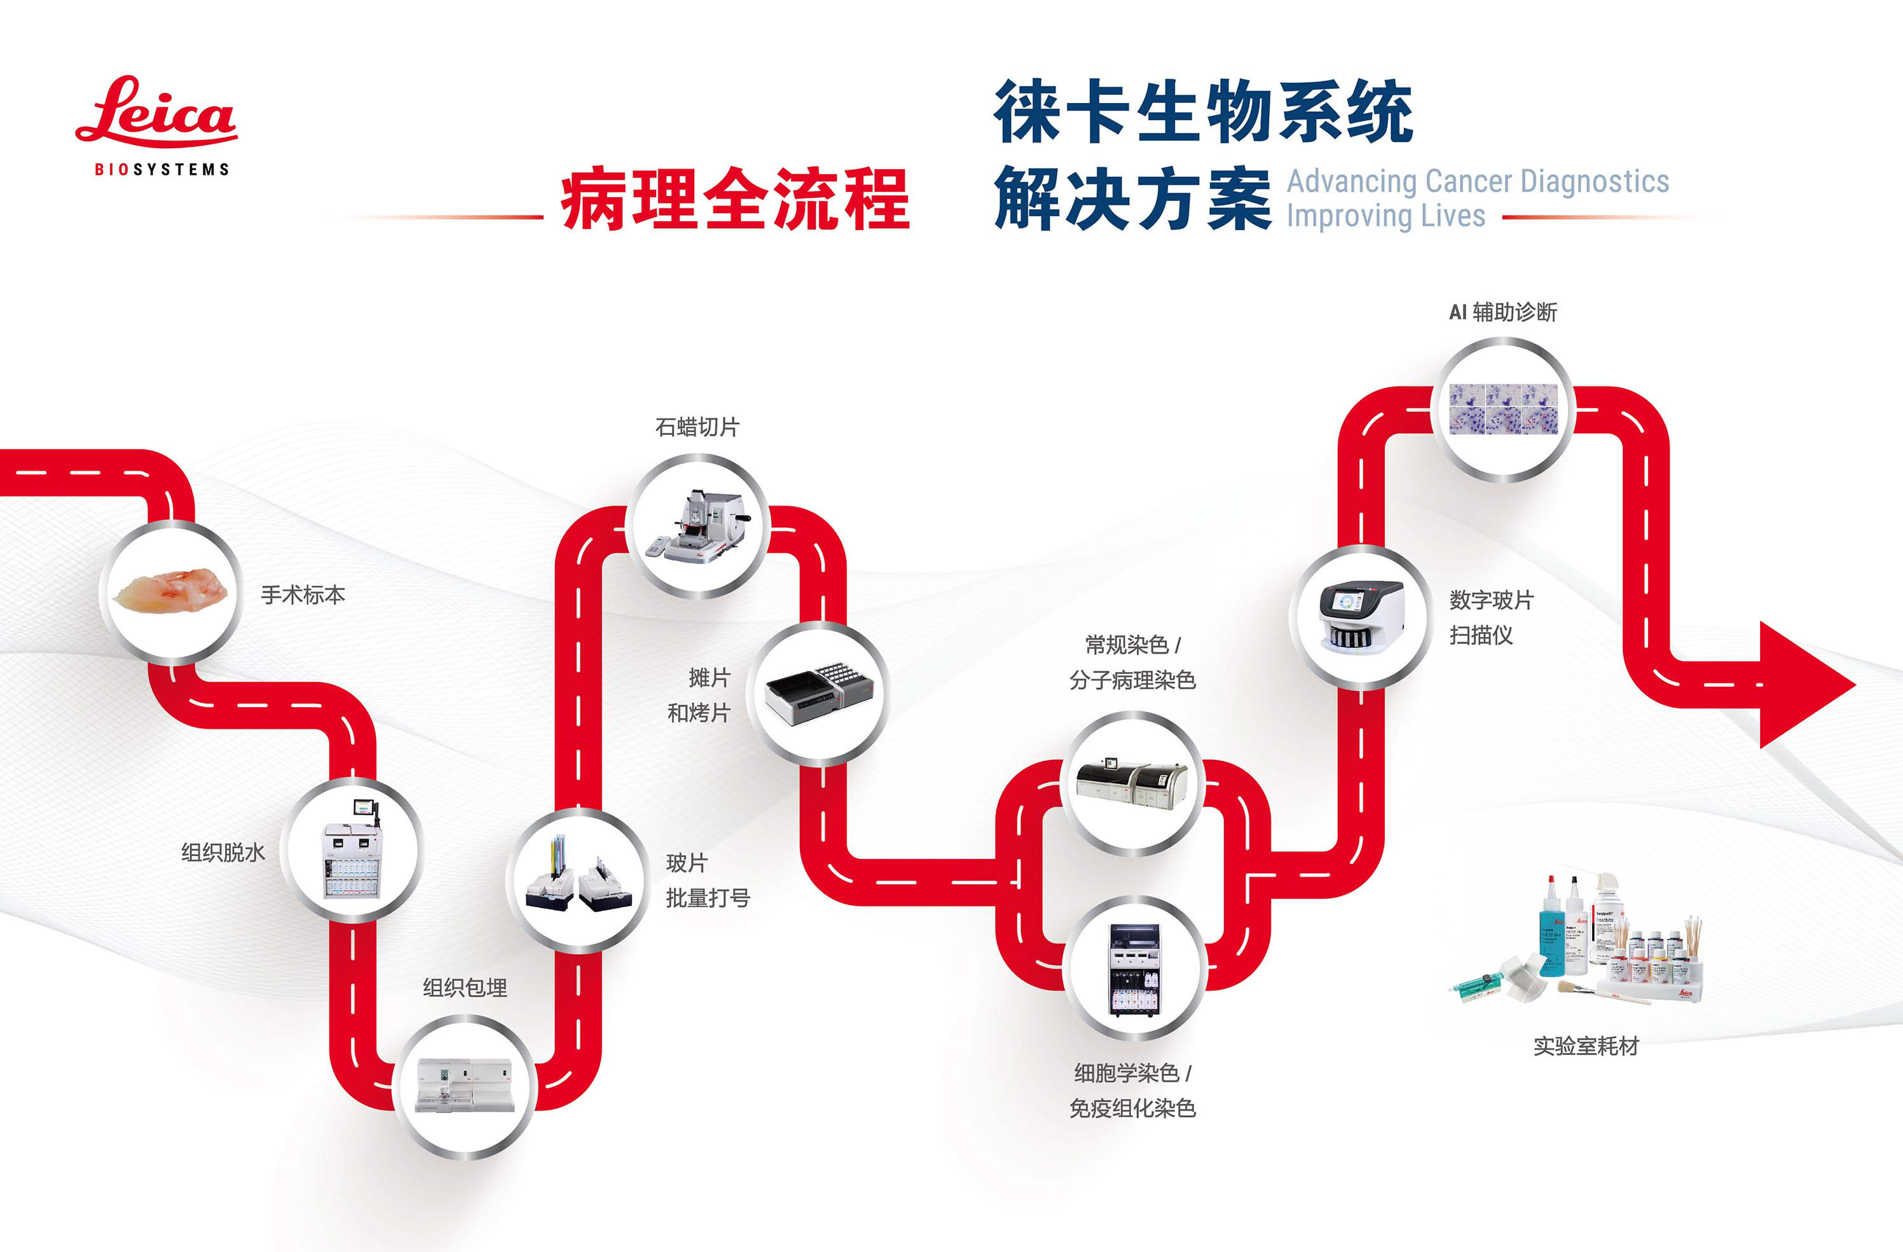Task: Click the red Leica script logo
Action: click(156, 112)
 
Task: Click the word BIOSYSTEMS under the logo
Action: click(162, 170)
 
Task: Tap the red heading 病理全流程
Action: click(735, 200)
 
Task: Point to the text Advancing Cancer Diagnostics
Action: click(1478, 181)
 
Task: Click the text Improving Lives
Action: click(1385, 216)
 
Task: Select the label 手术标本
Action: click(303, 595)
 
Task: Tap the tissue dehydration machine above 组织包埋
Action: click(354, 849)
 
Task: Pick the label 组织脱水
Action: click(223, 852)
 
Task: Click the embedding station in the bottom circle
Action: click(464, 1085)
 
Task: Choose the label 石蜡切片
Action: click(697, 427)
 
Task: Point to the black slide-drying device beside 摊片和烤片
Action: click(820, 692)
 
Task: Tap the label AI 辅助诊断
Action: click(1503, 312)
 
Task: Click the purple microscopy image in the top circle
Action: click(1503, 409)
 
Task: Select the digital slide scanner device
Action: click(1360, 616)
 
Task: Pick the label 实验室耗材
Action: click(1586, 1046)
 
